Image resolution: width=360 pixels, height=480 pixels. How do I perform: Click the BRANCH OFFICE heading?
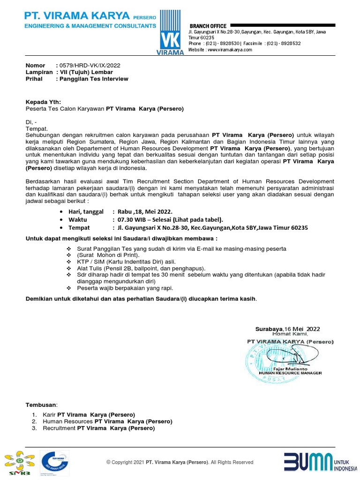click(208, 26)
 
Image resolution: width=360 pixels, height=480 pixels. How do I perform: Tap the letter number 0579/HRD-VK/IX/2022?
click(91, 66)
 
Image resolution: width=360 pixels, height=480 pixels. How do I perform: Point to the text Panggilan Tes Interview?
click(93, 79)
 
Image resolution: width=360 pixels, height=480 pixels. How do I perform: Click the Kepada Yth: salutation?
click(43, 102)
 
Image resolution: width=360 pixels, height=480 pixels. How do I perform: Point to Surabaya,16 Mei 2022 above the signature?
click(287, 329)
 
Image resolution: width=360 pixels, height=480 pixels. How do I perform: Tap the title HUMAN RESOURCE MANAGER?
click(291, 373)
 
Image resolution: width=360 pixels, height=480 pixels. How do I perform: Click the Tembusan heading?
click(41, 405)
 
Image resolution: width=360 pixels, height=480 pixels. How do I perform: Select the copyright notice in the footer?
click(180, 462)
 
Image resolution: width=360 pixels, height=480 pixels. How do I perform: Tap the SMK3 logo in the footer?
click(19, 463)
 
